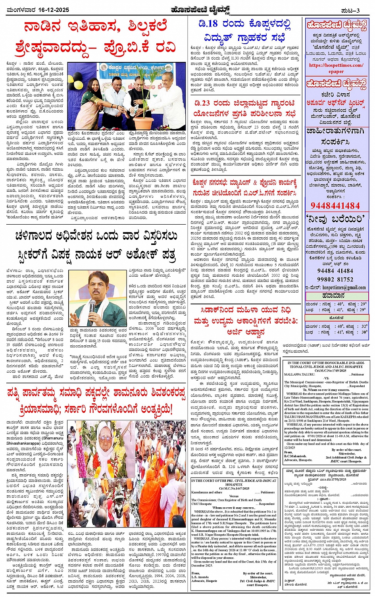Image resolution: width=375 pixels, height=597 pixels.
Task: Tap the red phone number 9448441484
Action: (335, 206)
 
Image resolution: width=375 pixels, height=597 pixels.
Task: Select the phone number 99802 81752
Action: (335, 279)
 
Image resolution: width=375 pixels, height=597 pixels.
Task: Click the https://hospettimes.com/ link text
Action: (336, 65)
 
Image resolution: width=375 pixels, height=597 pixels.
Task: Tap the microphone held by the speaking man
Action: (92, 306)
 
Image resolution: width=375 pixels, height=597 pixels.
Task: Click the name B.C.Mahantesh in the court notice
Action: (295, 456)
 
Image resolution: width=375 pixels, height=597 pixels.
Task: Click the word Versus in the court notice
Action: (234, 496)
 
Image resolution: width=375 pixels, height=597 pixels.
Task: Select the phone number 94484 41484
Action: (335, 271)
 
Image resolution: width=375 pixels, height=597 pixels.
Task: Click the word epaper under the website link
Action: (336, 71)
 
